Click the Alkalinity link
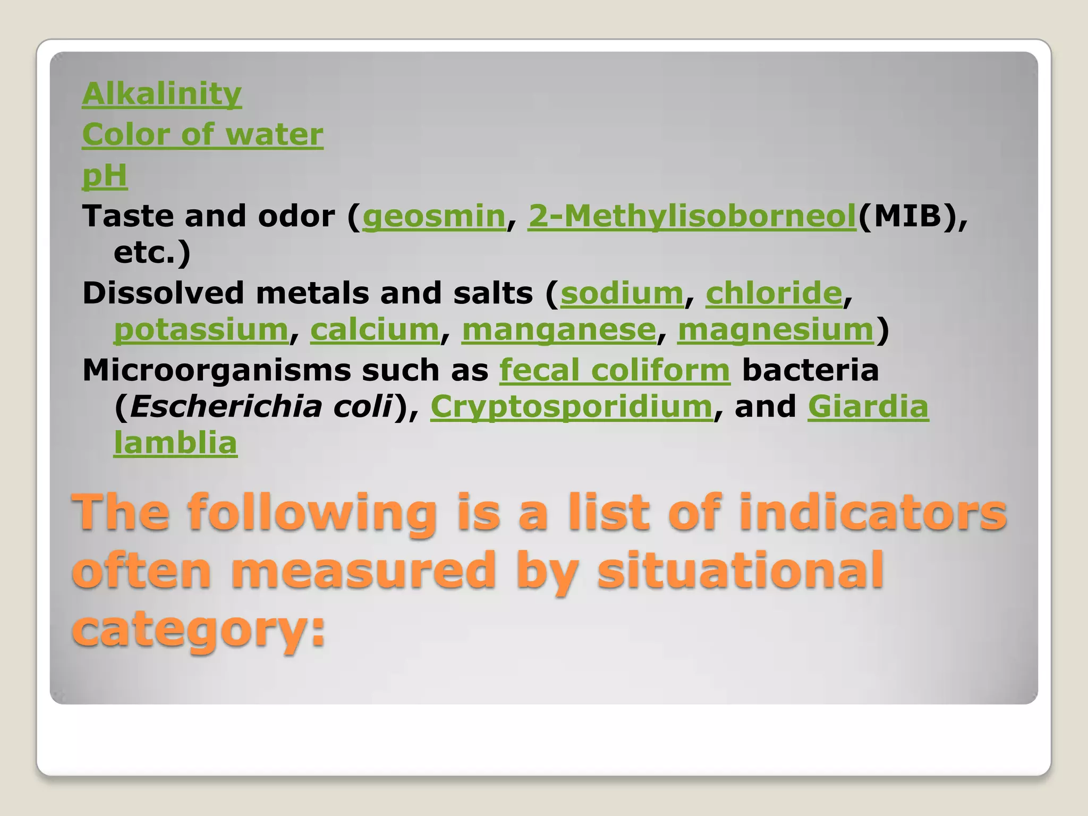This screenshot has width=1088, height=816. (161, 94)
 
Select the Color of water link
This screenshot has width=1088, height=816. (202, 134)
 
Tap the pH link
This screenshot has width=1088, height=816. (105, 175)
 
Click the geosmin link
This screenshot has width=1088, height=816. (433, 216)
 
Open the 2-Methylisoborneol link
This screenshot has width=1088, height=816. (692, 216)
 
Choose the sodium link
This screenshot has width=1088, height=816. (622, 293)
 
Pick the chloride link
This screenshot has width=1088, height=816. (773, 293)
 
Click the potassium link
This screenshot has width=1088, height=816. (201, 330)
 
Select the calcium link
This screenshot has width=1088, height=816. (375, 330)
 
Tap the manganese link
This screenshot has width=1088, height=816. (559, 330)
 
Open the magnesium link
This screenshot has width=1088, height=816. (776, 330)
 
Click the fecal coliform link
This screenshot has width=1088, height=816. (615, 370)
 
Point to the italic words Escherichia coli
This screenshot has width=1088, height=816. (261, 407)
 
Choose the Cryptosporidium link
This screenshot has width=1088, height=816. (571, 407)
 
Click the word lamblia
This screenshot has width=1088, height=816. (175, 443)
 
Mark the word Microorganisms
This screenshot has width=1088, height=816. (216, 370)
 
